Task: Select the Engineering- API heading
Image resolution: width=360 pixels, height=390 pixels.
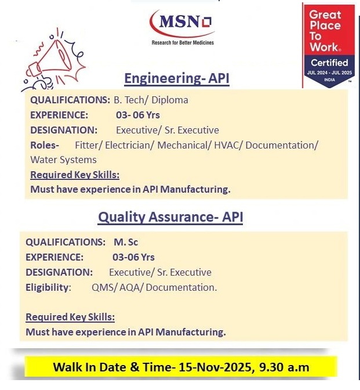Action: click(x=177, y=79)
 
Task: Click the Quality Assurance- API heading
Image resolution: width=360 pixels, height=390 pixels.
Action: click(x=170, y=217)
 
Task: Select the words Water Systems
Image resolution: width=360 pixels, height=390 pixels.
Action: click(x=63, y=160)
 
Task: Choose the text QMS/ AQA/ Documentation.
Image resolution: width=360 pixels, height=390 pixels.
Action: click(x=154, y=287)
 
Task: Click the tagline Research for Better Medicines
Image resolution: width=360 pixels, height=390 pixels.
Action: click(x=183, y=42)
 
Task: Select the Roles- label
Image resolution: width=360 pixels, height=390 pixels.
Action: click(x=45, y=145)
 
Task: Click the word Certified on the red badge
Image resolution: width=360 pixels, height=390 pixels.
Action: click(x=329, y=62)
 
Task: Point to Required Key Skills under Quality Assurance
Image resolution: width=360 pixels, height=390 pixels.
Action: click(x=70, y=317)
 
